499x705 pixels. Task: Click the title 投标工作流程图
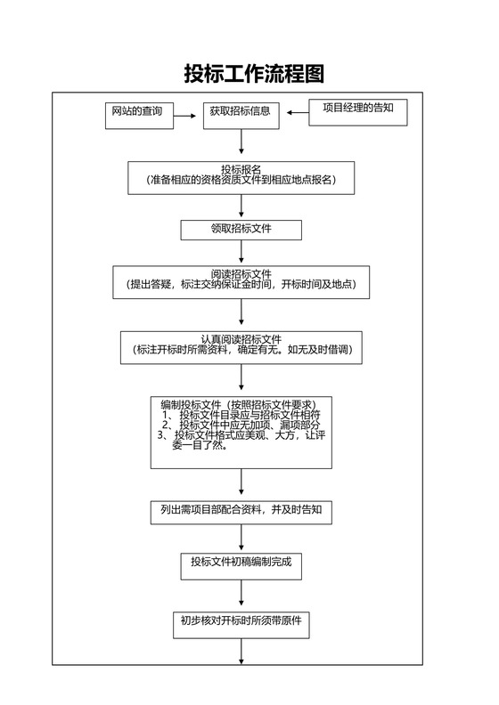pyautogui.click(x=253, y=73)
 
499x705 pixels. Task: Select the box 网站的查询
pyautogui.click(x=136, y=114)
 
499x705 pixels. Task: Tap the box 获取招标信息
pyautogui.click(x=241, y=114)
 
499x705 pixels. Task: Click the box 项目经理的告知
pyautogui.click(x=357, y=111)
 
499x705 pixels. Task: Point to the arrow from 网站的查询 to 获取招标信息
pyautogui.click(x=185, y=114)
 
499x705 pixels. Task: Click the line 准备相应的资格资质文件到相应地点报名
pyautogui.click(x=241, y=180)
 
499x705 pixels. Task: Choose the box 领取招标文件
pyautogui.click(x=241, y=230)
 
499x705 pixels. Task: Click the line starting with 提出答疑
pyautogui.click(x=241, y=285)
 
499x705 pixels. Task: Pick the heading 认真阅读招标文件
pyautogui.click(x=241, y=339)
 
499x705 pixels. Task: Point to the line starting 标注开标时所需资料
pyautogui.click(x=241, y=351)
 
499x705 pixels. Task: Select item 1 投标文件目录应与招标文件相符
pyautogui.click(x=241, y=415)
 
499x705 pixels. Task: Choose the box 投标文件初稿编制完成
pyautogui.click(x=241, y=562)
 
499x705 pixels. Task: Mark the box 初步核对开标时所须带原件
pyautogui.click(x=241, y=622)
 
